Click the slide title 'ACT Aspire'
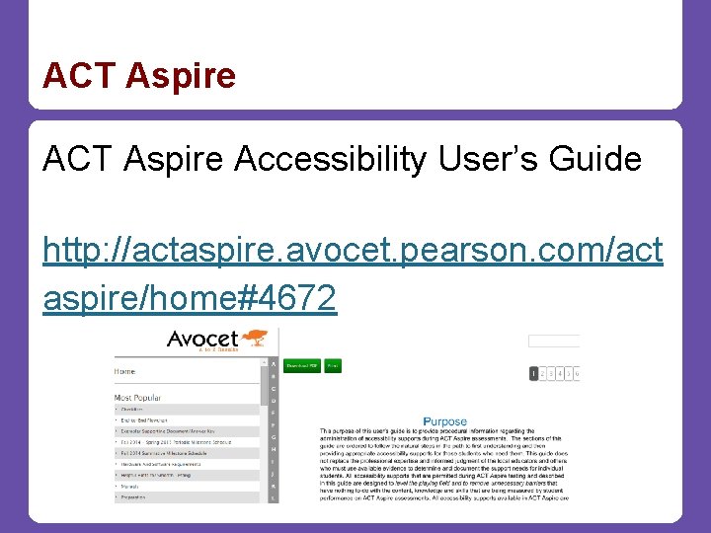pyautogui.click(x=139, y=76)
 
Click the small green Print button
pyautogui.click(x=333, y=365)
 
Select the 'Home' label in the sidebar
pyautogui.click(x=125, y=371)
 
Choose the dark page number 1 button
pyautogui.click(x=534, y=374)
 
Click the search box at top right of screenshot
pyautogui.click(x=553, y=342)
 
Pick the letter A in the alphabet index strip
pyautogui.click(x=274, y=363)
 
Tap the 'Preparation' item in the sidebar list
pyautogui.click(x=134, y=496)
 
